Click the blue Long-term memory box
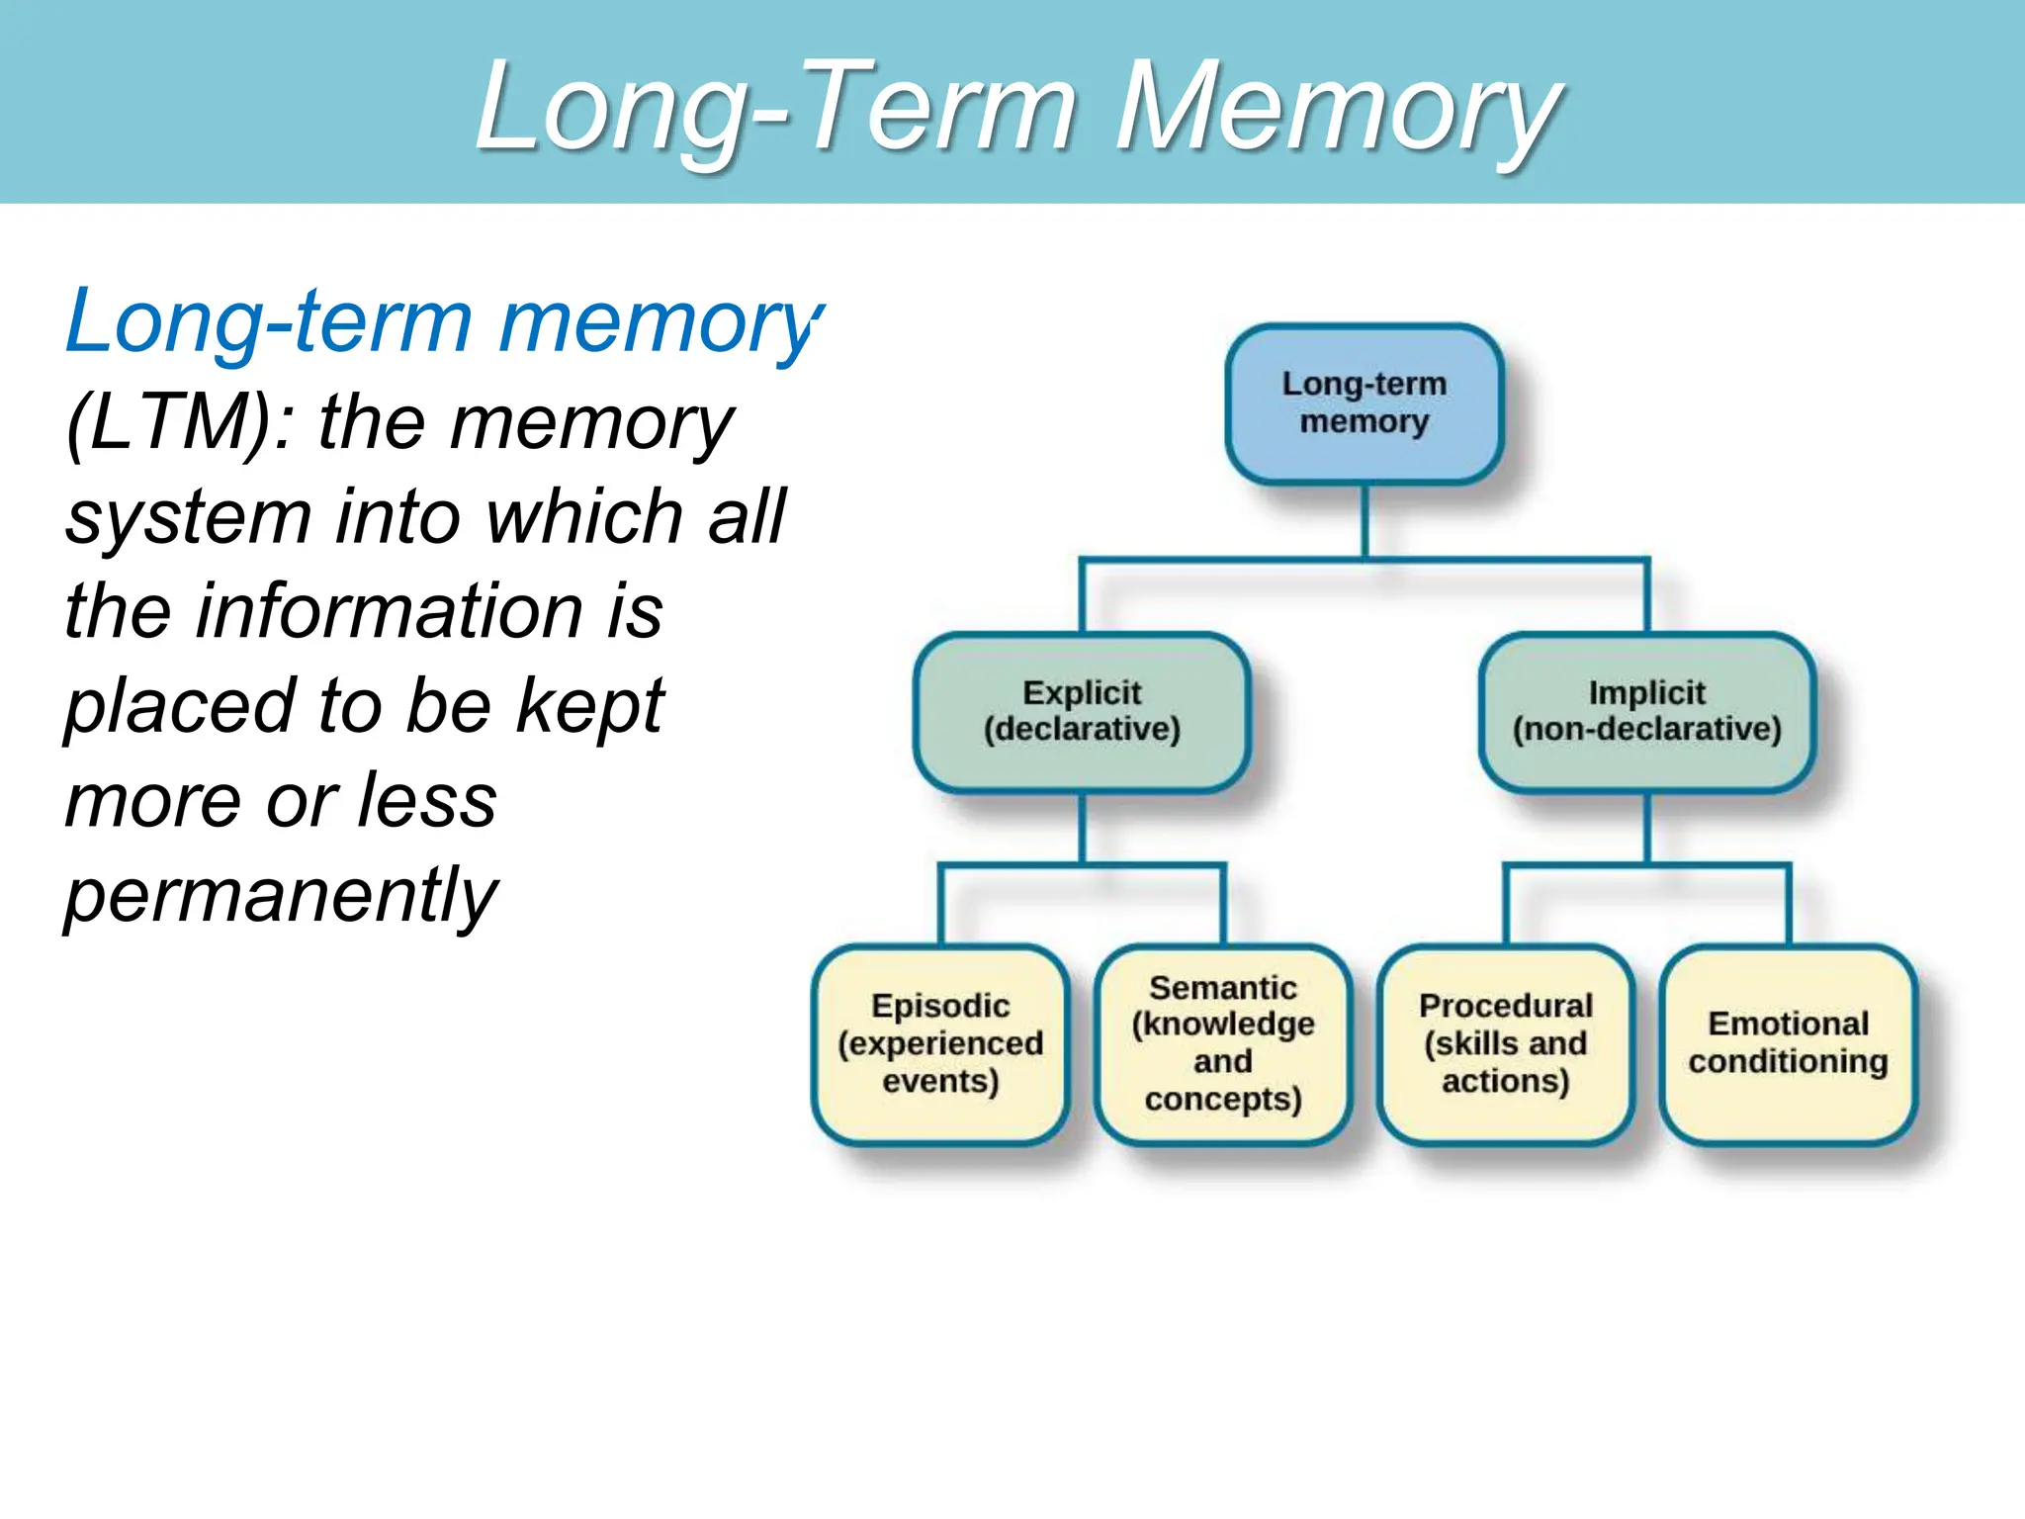tap(1364, 403)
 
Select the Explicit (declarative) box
tap(1082, 711)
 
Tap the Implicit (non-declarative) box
tap(1646, 711)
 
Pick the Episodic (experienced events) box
tap(940, 1043)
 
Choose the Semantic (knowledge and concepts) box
tap(1223, 1043)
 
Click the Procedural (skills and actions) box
tap(1505, 1043)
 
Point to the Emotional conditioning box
tap(1788, 1043)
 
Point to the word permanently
tap(282, 895)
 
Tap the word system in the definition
tap(188, 517)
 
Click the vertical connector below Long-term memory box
tap(1365, 521)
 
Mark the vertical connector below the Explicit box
tap(1082, 828)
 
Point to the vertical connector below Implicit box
tap(1646, 828)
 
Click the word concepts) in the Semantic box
tap(1223, 1100)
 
